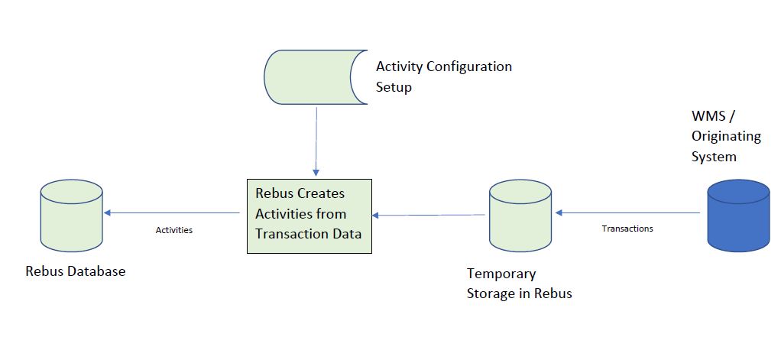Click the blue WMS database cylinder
(x=737, y=216)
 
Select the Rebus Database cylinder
(x=70, y=216)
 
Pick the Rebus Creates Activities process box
(x=309, y=216)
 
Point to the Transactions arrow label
(x=627, y=229)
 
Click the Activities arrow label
(x=173, y=229)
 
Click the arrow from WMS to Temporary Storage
(x=627, y=212)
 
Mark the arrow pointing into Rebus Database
(x=172, y=212)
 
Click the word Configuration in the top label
(x=468, y=66)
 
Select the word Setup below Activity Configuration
(x=394, y=87)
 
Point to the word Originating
(x=726, y=136)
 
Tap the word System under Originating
(x=714, y=157)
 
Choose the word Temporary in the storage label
(x=501, y=274)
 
